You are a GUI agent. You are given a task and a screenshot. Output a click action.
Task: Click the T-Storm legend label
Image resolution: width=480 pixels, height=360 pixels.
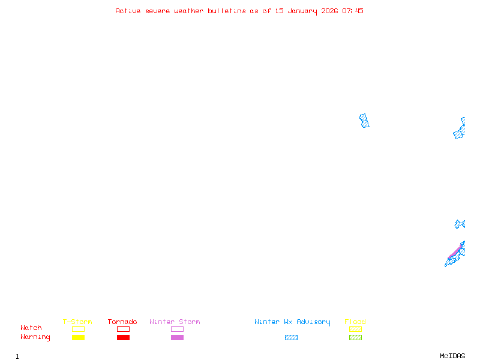click(x=77, y=322)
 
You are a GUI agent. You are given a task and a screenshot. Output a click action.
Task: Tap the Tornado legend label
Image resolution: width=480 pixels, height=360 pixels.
click(x=122, y=322)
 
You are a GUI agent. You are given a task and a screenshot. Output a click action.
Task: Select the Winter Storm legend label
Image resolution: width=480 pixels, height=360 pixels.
click(x=175, y=322)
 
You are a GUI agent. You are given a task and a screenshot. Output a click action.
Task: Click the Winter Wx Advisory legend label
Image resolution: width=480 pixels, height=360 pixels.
click(x=292, y=322)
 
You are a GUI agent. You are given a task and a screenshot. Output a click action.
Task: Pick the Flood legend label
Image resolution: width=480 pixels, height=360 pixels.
click(x=355, y=322)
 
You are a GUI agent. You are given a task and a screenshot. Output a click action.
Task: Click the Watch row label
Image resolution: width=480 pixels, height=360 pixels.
click(x=31, y=328)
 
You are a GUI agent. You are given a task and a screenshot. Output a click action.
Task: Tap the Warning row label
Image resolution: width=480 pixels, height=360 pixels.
click(x=35, y=337)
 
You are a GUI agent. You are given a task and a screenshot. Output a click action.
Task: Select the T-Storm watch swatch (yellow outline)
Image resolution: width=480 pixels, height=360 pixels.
click(x=78, y=329)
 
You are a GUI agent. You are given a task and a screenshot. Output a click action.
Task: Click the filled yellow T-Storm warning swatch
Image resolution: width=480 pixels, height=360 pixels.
click(x=78, y=337)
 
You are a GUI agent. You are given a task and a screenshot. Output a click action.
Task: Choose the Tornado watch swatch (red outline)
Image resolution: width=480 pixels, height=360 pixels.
click(x=123, y=329)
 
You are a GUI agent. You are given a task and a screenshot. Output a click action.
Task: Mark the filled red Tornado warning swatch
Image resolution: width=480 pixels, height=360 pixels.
click(x=123, y=337)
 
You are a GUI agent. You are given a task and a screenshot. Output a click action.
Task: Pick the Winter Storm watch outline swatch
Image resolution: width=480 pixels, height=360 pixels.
click(x=177, y=329)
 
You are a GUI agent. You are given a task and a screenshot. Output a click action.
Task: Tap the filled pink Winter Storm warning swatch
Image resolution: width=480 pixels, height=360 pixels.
click(x=177, y=337)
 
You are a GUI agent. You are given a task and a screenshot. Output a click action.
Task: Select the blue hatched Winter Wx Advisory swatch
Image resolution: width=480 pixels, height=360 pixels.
click(x=291, y=337)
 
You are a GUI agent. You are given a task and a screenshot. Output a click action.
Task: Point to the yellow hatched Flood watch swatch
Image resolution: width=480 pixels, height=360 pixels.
click(x=355, y=329)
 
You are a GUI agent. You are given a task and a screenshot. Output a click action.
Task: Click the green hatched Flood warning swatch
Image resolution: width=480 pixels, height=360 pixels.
click(x=355, y=337)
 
